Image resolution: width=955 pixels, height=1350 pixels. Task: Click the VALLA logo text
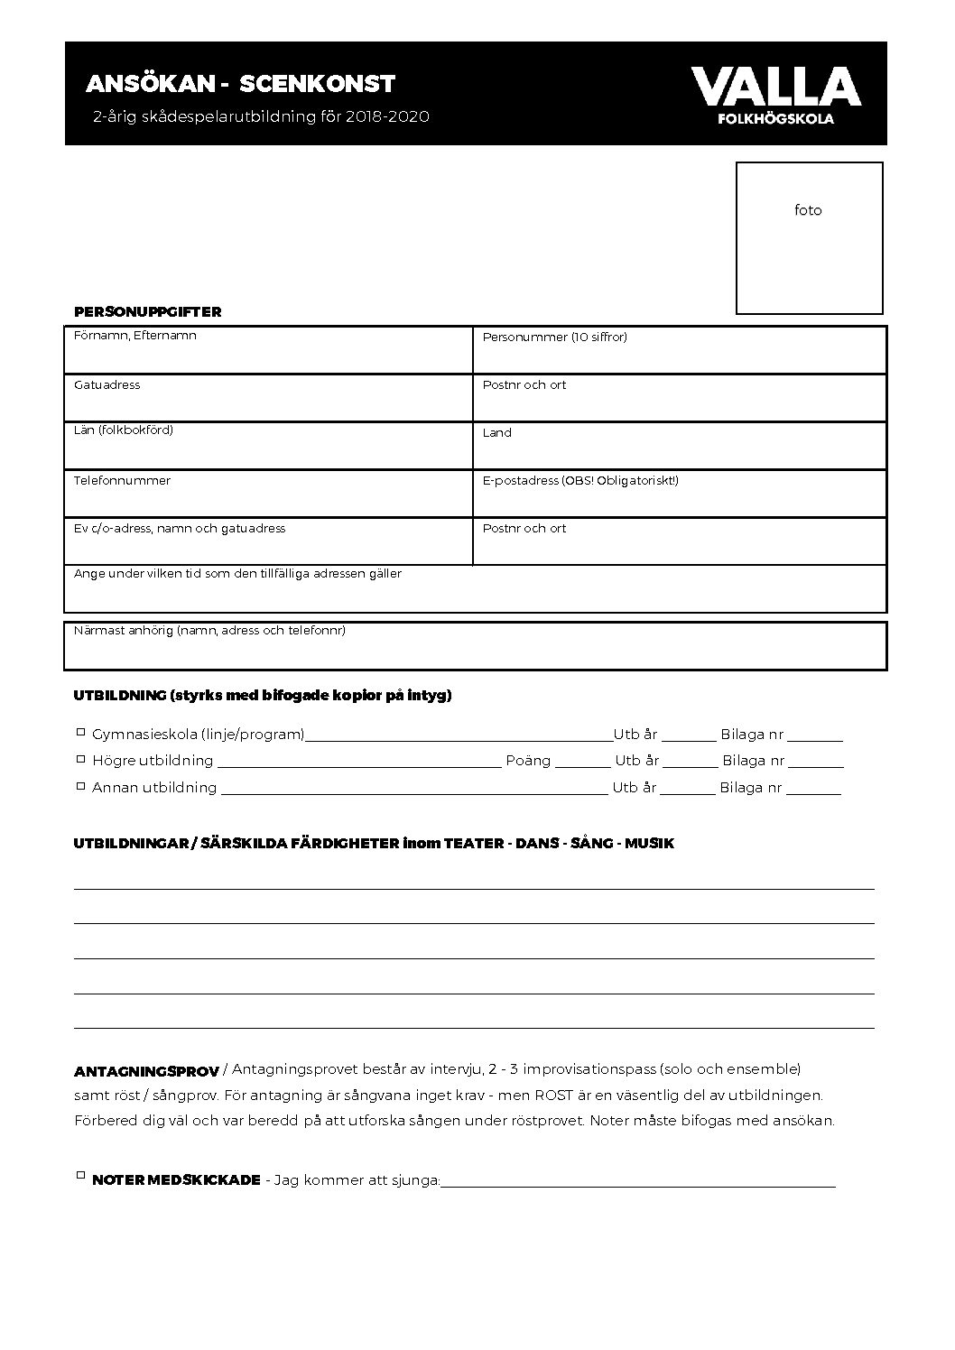775,87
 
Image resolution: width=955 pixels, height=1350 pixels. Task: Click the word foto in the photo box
808,210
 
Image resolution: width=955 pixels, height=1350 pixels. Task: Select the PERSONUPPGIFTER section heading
147,311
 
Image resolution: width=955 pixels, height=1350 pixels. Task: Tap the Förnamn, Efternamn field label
134,336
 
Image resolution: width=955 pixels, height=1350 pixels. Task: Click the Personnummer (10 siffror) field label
554,337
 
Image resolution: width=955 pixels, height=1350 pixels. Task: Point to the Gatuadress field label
107,385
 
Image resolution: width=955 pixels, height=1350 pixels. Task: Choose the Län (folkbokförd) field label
123,430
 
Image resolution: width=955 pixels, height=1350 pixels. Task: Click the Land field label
496,433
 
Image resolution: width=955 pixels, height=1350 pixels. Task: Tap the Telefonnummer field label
122,481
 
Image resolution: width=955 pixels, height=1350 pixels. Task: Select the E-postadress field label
580,481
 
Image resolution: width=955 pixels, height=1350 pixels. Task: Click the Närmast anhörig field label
209,631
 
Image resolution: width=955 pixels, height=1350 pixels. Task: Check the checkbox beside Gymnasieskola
80,732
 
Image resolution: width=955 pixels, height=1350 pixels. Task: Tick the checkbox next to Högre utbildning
80,758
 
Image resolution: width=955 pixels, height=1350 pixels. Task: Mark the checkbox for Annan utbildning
80,785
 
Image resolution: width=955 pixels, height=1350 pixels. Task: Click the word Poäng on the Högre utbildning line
528,761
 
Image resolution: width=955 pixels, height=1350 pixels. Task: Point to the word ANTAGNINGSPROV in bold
146,1072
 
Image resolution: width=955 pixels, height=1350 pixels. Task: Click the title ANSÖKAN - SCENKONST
240,84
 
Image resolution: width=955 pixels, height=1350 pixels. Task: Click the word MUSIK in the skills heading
649,844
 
